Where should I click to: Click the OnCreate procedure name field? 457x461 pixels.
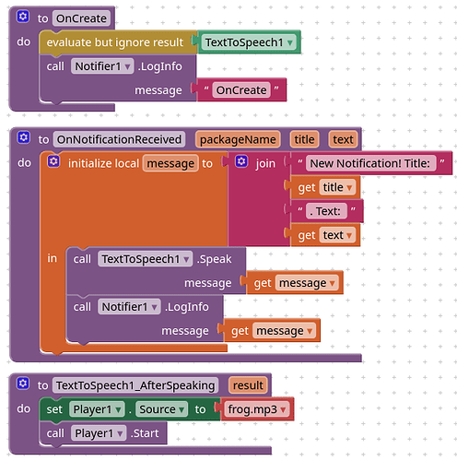[81, 18]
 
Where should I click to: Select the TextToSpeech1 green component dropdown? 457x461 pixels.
[249, 42]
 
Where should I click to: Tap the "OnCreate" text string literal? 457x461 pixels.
[241, 90]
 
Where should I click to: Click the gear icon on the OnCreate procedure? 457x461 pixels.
[23, 17]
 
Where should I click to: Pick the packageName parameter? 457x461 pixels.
[238, 139]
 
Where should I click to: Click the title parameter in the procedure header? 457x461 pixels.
[304, 139]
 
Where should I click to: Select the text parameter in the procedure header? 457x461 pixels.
[343, 139]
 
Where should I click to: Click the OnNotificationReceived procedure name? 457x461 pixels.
[119, 139]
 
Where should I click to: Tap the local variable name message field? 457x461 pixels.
[170, 163]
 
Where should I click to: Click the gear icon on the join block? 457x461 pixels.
[241, 161]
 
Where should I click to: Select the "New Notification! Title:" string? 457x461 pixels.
[370, 163]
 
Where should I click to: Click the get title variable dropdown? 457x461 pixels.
[337, 187]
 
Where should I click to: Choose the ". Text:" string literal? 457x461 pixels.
[327, 211]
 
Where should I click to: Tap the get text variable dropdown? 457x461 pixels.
[337, 235]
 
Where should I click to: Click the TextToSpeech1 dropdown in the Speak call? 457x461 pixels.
[146, 259]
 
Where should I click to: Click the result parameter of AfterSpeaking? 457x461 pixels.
[248, 385]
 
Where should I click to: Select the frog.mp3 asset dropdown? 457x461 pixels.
[257, 409]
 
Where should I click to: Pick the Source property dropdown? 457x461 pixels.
[161, 409]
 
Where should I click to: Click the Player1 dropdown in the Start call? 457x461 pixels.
[99, 433]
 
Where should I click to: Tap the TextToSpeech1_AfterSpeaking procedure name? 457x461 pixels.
[135, 385]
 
